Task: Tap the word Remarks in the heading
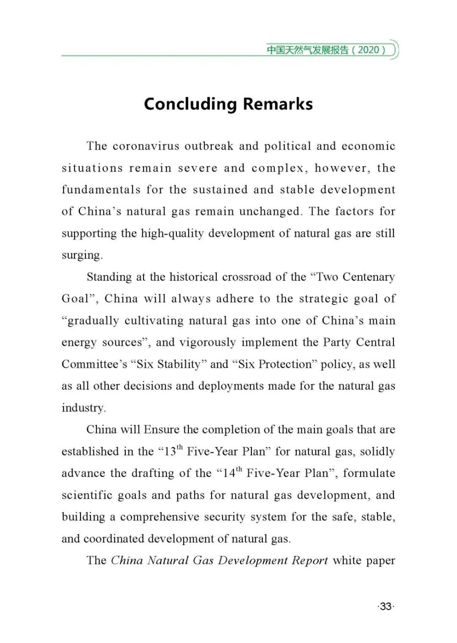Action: click(278, 104)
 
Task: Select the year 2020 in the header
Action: click(369, 50)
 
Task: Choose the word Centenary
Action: click(368, 277)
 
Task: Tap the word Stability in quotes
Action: click(179, 364)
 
